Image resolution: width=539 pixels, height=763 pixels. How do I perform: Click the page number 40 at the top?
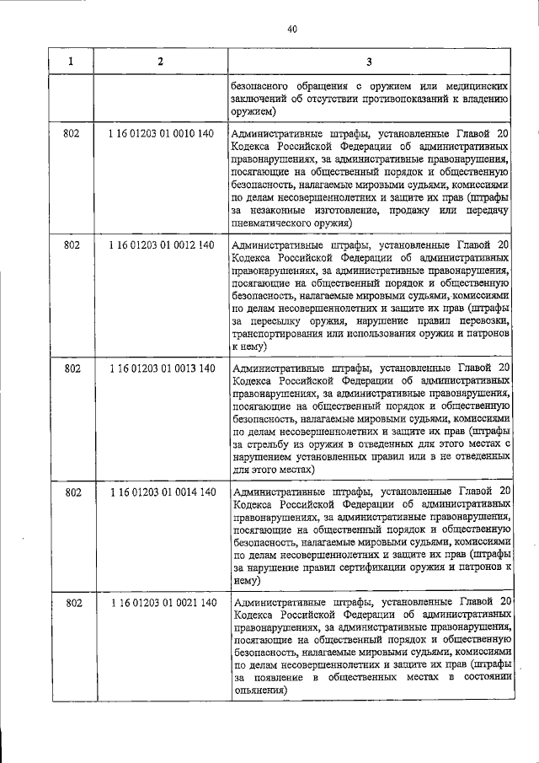[291, 30]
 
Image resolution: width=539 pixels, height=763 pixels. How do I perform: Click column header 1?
[71, 61]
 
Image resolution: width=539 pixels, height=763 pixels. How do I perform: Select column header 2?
[160, 61]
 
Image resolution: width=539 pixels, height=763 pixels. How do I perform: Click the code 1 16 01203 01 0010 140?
[161, 133]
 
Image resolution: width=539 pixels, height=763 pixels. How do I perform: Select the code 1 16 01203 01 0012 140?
[161, 244]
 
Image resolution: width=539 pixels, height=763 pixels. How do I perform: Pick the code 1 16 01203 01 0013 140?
[161, 368]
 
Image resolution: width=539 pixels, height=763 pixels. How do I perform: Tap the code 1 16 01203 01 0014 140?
[161, 492]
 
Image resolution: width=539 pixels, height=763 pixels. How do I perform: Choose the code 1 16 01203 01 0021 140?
[161, 602]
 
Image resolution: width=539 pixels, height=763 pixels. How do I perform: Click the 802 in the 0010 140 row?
[72, 133]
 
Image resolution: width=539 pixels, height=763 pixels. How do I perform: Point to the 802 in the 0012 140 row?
[72, 244]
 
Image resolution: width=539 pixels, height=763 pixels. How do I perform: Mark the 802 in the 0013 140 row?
[72, 368]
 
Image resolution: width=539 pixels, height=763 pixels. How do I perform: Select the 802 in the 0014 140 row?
[72, 492]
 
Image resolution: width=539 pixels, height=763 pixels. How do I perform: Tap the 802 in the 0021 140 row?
[72, 602]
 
